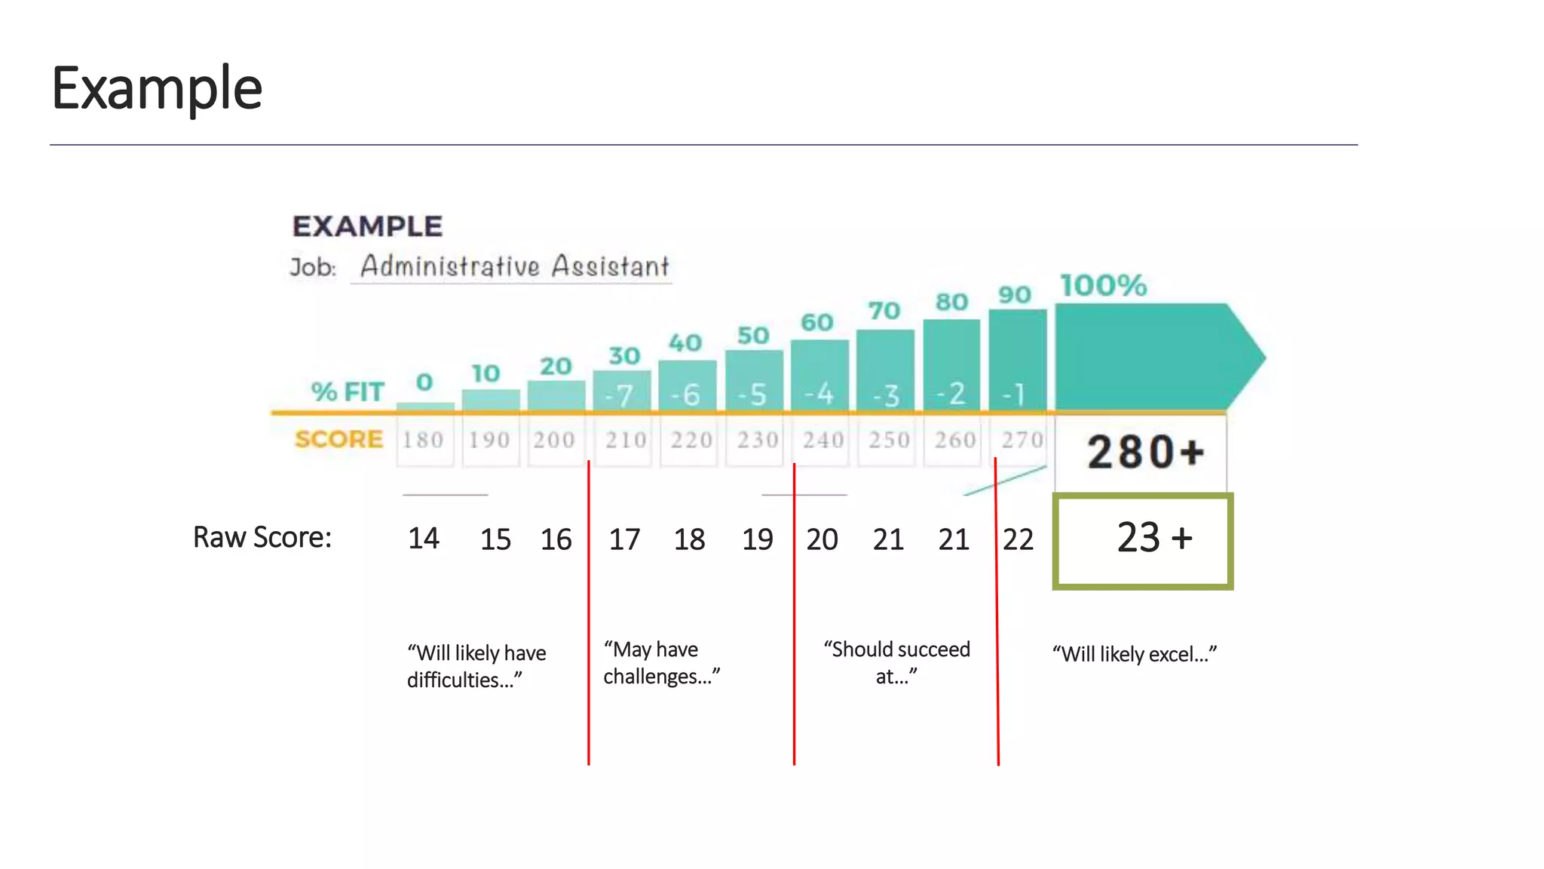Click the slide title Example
tap(157, 88)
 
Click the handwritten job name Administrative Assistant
tap(514, 266)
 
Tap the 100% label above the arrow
tap(1103, 286)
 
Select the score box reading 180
tap(424, 440)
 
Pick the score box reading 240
tap(823, 440)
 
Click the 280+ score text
tap(1145, 453)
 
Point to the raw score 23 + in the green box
tap(1153, 539)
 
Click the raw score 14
tap(424, 539)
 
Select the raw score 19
tap(757, 539)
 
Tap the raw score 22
tap(1018, 539)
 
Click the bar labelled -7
tap(621, 392)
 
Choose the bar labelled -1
tap(1017, 362)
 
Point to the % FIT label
tap(348, 392)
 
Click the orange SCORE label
tap(339, 439)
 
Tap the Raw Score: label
tap(262, 537)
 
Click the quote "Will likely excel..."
tap(1135, 654)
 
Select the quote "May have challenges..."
tap(661, 663)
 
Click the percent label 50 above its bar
tap(753, 336)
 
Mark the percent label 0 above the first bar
tap(424, 382)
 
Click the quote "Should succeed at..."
tap(896, 662)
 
